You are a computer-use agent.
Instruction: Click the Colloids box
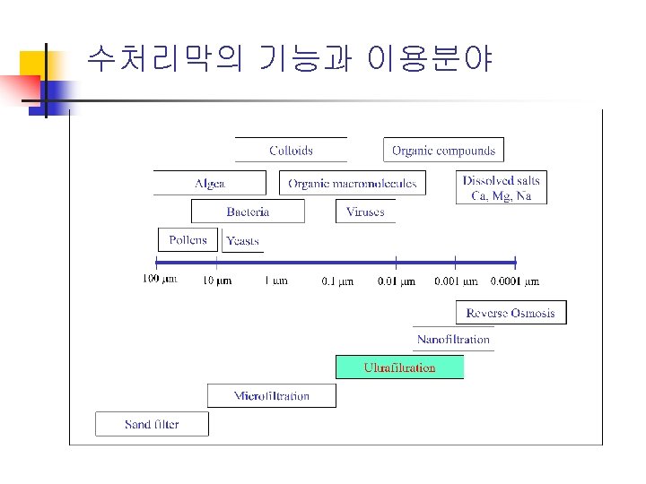[x=291, y=151]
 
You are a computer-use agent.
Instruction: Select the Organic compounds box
[x=443, y=151]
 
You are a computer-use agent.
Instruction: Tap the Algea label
[x=210, y=184]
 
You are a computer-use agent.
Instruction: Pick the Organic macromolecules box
[x=353, y=184]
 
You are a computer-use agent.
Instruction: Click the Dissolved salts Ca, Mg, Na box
[x=502, y=188]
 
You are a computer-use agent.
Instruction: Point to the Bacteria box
[x=248, y=212]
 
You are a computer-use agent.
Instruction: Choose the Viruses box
[x=365, y=212]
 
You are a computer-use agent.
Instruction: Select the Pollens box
[x=188, y=239]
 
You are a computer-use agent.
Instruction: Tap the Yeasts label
[x=242, y=241]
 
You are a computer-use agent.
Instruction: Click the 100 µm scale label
[x=160, y=280]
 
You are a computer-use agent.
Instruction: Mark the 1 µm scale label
[x=275, y=281]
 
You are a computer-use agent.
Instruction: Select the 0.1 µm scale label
[x=337, y=281]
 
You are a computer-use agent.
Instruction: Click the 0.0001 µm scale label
[x=514, y=281]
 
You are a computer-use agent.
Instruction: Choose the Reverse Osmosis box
[x=511, y=313]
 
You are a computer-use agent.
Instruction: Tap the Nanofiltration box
[x=453, y=340]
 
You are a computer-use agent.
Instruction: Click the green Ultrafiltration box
[x=399, y=367]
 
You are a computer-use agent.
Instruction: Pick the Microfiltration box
[x=271, y=396]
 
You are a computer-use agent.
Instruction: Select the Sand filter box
[x=152, y=424]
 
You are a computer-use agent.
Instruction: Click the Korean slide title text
[x=289, y=59]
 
